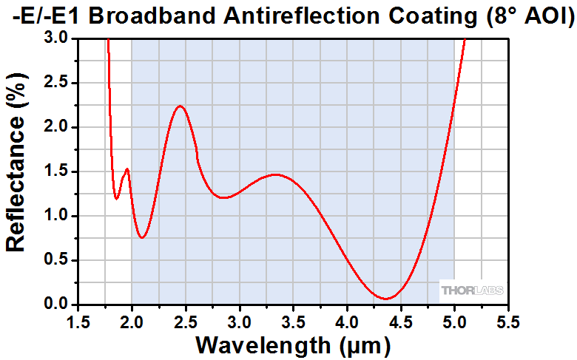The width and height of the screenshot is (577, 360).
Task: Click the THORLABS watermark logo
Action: click(x=472, y=291)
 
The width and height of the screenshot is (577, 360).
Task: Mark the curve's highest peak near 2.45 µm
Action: click(x=180, y=106)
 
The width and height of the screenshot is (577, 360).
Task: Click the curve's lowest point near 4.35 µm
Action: click(x=386, y=299)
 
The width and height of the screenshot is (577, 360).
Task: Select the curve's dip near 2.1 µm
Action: click(x=143, y=237)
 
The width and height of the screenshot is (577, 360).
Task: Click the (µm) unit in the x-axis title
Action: click(x=355, y=344)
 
